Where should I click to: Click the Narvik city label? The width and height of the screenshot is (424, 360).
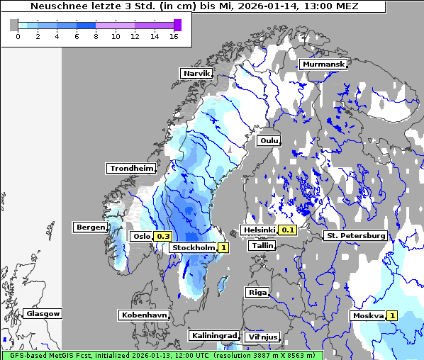(196, 73)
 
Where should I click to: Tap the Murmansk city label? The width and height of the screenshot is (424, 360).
(323, 64)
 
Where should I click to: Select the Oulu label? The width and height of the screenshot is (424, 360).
(269, 140)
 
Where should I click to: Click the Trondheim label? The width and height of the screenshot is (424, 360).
(131, 168)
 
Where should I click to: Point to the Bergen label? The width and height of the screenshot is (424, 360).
(89, 227)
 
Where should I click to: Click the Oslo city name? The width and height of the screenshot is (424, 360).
(141, 236)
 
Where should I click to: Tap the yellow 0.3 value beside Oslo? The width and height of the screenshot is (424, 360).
(163, 236)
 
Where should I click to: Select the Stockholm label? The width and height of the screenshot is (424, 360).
(193, 247)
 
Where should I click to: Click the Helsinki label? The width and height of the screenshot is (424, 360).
(259, 230)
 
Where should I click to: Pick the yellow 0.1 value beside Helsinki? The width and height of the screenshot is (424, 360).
(288, 230)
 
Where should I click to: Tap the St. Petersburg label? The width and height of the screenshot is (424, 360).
(355, 235)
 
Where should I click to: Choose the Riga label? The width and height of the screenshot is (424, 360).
(257, 292)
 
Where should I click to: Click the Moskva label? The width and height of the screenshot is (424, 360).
(367, 315)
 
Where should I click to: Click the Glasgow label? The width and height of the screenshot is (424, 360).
(43, 313)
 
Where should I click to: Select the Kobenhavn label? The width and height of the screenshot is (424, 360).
(144, 314)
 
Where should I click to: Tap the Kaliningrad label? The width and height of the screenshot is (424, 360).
(213, 335)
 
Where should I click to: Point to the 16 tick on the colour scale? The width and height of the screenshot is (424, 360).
(173, 36)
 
